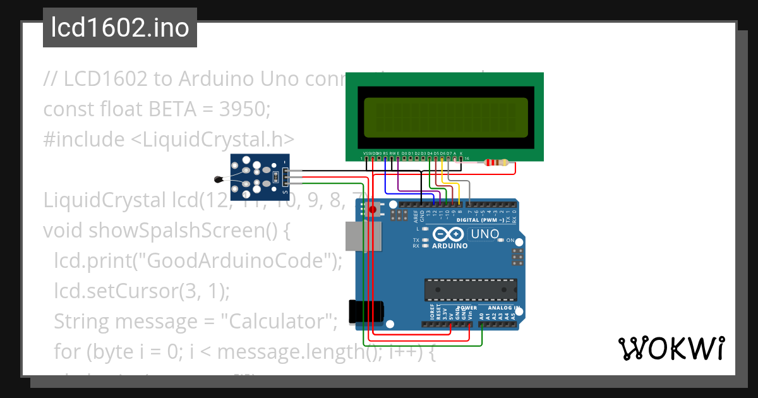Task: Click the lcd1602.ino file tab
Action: pyautogui.click(x=119, y=28)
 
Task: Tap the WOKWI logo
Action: pyautogui.click(x=671, y=348)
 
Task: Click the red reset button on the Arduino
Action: pyautogui.click(x=373, y=209)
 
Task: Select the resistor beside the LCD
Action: pyautogui.click(x=496, y=163)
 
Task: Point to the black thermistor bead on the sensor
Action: pyautogui.click(x=218, y=179)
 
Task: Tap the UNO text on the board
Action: pyautogui.click(x=484, y=234)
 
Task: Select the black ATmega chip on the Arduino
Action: pyautogui.click(x=471, y=290)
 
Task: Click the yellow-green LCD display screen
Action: pyautogui.click(x=445, y=118)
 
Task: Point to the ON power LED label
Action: pyautogui.click(x=510, y=240)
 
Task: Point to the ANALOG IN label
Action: pyautogui.click(x=503, y=308)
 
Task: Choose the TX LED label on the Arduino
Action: pyautogui.click(x=416, y=241)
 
